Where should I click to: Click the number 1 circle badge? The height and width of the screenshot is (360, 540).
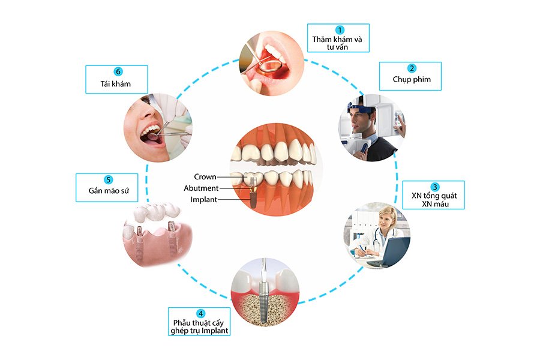[340, 30]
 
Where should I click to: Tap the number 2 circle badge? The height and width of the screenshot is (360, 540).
[412, 68]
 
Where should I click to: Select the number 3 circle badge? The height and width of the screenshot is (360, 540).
[434, 187]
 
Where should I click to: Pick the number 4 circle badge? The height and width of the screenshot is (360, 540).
[200, 313]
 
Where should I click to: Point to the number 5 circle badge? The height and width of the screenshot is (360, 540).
[108, 179]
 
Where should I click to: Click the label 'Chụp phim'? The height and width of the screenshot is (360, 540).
[412, 80]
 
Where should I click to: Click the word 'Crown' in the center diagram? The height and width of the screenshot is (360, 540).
[205, 177]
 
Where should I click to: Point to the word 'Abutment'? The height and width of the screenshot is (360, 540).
[201, 188]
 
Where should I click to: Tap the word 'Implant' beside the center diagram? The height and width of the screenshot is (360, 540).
[204, 199]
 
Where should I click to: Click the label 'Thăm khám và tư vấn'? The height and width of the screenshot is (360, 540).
[340, 43]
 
